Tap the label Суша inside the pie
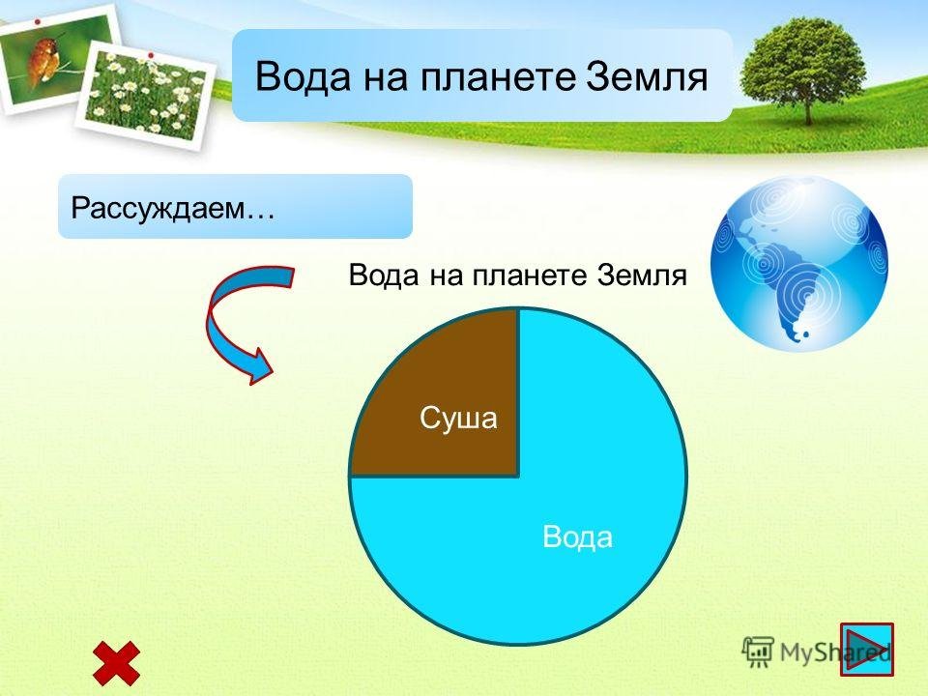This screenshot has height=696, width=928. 458,418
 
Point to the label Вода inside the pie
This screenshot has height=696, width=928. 578,536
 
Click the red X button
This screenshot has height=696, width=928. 117,663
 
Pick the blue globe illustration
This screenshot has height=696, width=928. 799,263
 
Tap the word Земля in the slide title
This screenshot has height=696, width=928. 647,77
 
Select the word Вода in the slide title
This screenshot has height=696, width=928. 303,77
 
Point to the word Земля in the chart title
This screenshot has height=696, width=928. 642,275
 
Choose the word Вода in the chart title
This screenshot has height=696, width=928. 384,275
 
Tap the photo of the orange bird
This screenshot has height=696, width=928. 56,58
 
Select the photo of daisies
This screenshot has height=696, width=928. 144,95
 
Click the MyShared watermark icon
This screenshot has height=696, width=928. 758,652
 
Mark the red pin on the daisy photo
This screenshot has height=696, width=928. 151,56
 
